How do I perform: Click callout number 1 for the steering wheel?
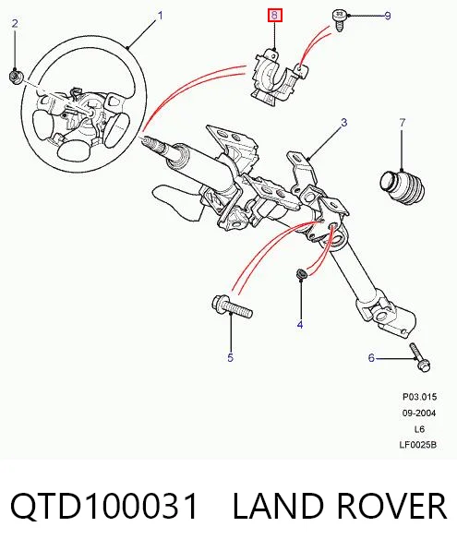(161, 16)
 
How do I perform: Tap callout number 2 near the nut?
(15, 24)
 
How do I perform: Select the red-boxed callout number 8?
(274, 16)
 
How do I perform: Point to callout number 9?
(388, 16)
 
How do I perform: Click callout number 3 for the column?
(343, 123)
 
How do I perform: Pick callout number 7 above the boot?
(403, 123)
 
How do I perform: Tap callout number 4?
(300, 325)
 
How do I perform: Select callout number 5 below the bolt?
(230, 358)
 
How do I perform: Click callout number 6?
(371, 358)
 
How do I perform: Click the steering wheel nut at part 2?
(16, 77)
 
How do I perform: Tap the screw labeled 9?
(339, 20)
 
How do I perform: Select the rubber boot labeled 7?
(403, 186)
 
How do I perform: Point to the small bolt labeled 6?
(420, 356)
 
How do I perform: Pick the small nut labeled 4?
(301, 273)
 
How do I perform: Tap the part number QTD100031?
(104, 506)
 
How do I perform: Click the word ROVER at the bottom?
(391, 506)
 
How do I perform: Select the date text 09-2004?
(418, 413)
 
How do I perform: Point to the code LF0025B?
(417, 445)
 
